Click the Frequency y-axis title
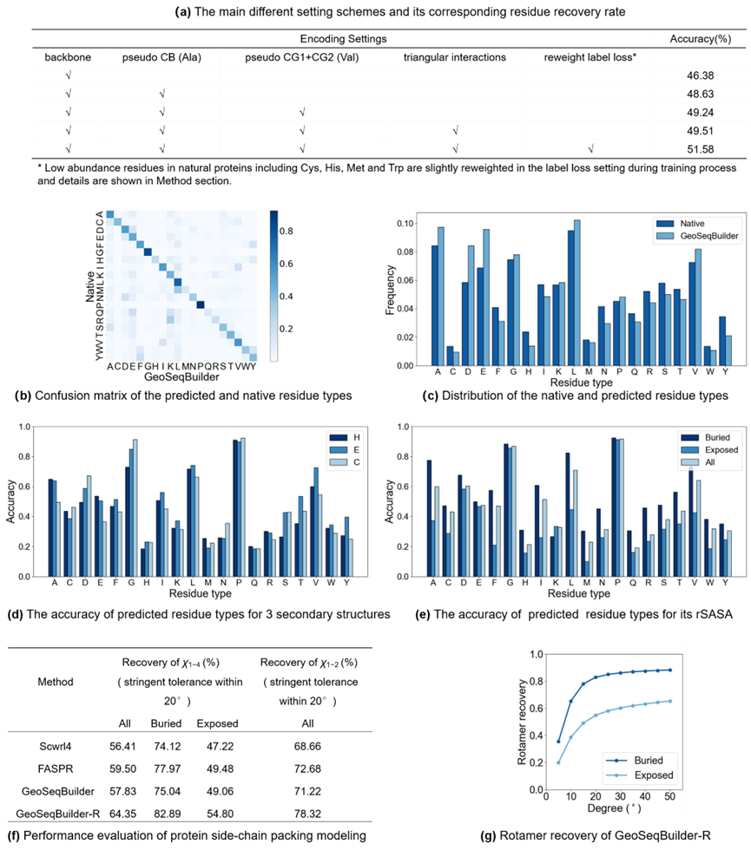point(389,294)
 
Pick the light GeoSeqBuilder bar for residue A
point(440,296)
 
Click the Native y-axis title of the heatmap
point(89,286)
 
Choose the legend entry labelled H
point(354,438)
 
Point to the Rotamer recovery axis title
point(522,722)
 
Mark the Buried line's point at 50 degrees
point(670,670)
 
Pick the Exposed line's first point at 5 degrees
point(558,762)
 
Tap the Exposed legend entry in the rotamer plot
point(652,775)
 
